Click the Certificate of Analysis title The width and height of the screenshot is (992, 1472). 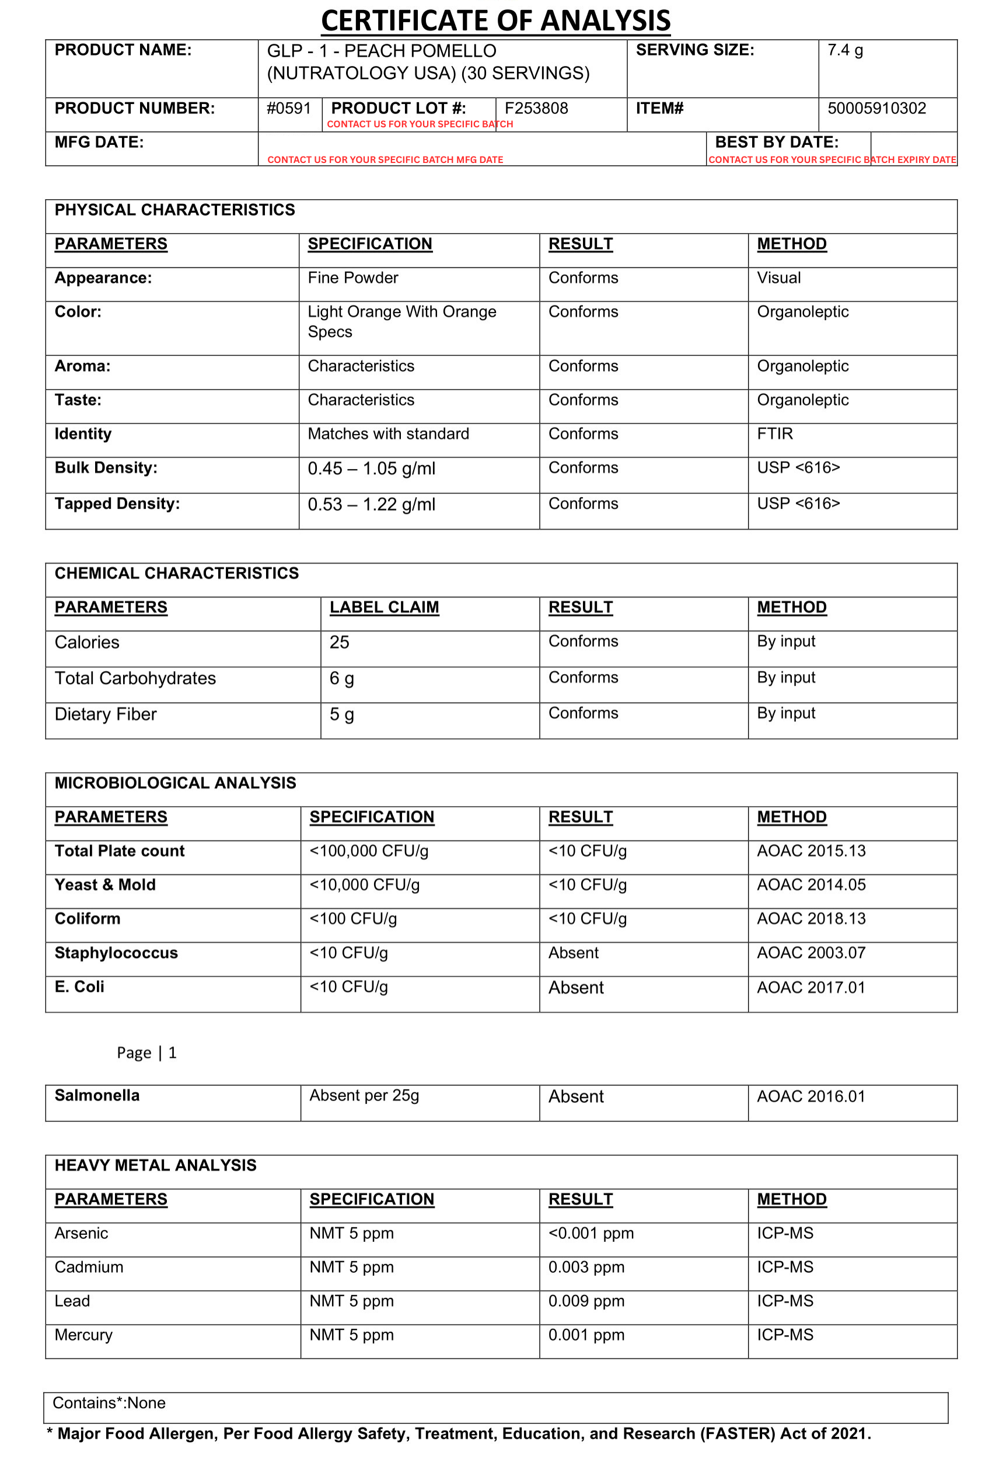pos(495,20)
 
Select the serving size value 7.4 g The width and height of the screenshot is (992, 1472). pos(844,50)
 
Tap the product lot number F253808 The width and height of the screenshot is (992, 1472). pos(536,108)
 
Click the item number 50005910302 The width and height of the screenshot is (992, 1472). pos(876,108)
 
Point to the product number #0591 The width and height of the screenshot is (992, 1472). pos(288,108)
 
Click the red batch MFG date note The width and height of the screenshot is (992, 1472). pos(385,159)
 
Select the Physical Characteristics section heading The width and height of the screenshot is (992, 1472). pos(174,210)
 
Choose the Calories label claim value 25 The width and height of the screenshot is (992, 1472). pos(339,642)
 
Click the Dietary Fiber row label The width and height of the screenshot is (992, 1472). pos(106,714)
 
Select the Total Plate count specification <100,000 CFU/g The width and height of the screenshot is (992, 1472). pos(369,851)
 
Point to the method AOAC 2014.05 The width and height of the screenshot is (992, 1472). pos(811,884)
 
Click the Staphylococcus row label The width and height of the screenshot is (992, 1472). pos(116,953)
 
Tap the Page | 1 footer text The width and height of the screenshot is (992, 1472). pos(147,1052)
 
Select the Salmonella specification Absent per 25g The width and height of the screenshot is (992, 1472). pos(364,1095)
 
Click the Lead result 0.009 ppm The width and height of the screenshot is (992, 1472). pos(586,1301)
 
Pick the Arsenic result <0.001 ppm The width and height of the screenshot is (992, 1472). pos(591,1233)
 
